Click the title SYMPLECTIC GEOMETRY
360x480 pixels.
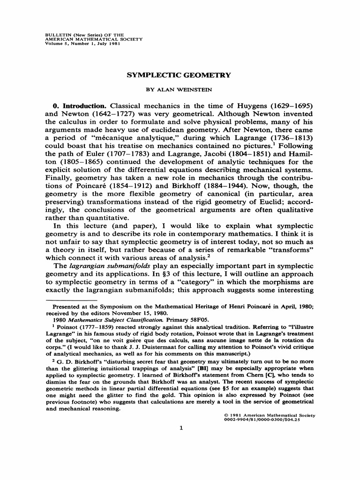(180, 75)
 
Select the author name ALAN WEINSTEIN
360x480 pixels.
(180, 88)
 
